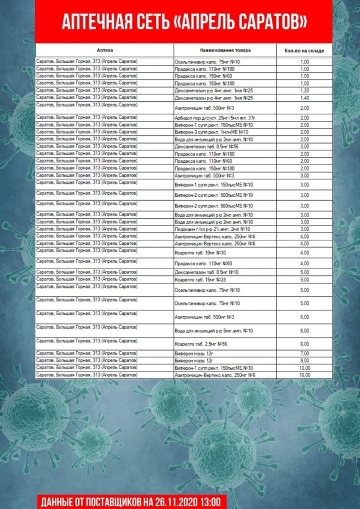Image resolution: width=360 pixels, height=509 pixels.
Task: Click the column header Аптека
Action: [105, 50]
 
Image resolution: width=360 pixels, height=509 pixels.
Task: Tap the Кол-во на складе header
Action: [304, 51]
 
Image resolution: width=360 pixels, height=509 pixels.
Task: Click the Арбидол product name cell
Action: [214, 118]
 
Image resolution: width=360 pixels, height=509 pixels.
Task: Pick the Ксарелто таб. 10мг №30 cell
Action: [201, 252]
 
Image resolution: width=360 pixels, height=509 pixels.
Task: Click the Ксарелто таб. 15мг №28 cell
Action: [201, 279]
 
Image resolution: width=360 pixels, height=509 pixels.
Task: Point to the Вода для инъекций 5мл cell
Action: [214, 331]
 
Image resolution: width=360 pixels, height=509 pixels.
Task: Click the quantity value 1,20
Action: [305, 90]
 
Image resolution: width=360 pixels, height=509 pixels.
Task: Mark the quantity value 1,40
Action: [305, 98]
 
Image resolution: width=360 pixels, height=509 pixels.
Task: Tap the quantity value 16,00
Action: [305, 375]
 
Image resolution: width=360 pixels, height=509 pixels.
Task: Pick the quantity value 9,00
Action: [305, 360]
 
